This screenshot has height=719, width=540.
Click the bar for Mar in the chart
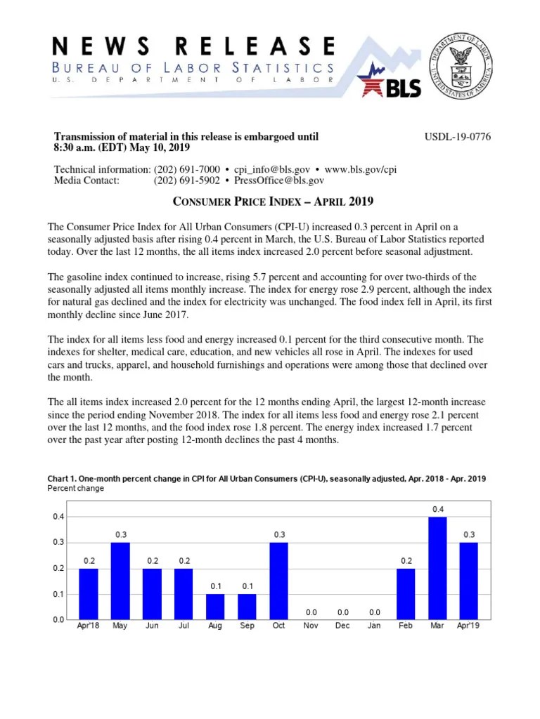tap(437, 568)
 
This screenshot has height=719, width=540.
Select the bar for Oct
tap(278, 581)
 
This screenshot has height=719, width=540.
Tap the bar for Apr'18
tap(89, 594)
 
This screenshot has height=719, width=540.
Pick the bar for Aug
tap(215, 607)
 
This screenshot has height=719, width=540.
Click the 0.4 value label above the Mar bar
tap(437, 508)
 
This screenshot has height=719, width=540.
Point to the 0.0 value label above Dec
tap(342, 612)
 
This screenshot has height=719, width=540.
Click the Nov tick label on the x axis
tap(310, 626)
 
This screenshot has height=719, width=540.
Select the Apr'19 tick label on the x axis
tap(469, 626)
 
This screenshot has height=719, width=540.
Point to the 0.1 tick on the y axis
tap(58, 594)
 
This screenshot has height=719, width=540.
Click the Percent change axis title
tap(75, 488)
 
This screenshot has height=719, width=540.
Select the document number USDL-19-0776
tap(457, 136)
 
